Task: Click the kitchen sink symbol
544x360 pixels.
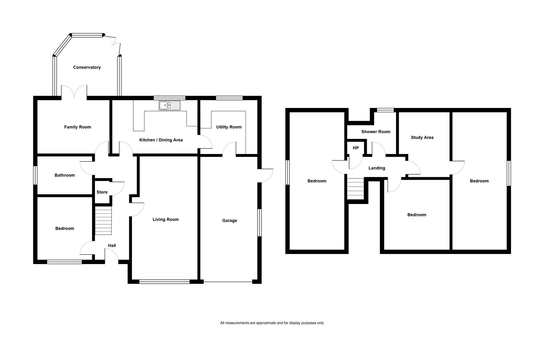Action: pos(170,105)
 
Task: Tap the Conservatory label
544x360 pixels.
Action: pos(87,67)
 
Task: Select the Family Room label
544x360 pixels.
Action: pos(78,127)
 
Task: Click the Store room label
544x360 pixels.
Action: pos(102,192)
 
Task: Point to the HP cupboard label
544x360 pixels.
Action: pos(356,148)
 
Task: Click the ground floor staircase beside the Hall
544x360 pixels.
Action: pos(103,221)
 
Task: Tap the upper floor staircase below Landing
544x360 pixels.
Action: pos(355,189)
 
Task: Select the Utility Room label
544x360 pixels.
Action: pos(229,127)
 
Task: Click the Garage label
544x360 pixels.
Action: pos(230,220)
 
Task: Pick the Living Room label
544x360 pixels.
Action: pos(166,219)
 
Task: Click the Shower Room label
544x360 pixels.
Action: pos(376,132)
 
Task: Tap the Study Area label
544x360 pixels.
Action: pos(422,137)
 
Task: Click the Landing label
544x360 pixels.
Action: pos(377,168)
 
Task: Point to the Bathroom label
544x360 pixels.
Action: pos(65,175)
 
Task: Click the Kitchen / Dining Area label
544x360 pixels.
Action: pos(161,140)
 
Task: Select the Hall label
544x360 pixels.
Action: pos(112,246)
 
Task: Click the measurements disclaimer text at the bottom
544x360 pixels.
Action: pos(272,323)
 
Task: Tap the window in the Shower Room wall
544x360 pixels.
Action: pos(385,110)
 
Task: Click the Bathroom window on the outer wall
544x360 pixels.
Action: pos(35,175)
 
